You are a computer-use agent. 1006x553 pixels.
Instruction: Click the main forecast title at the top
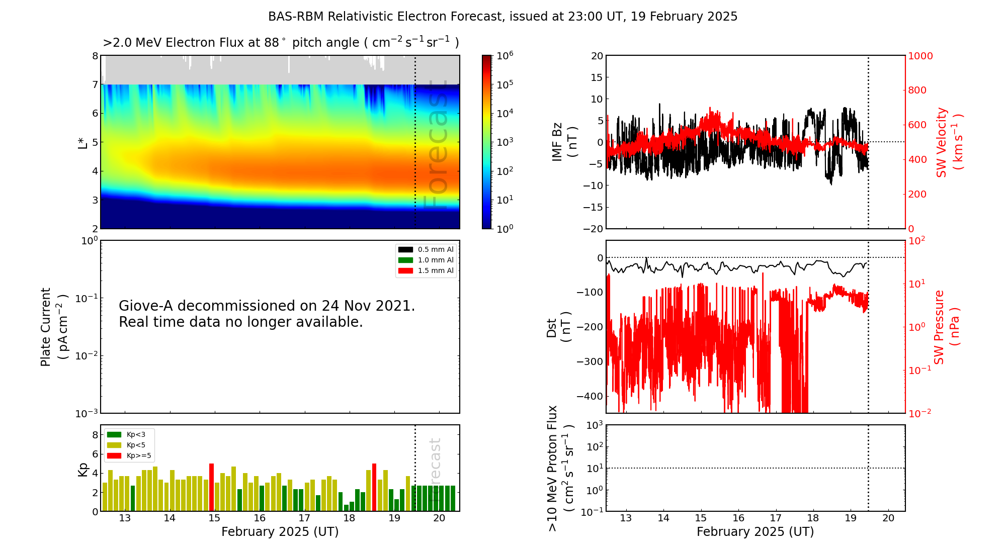coord(502,17)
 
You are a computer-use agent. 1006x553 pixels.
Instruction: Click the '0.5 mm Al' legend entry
coord(426,249)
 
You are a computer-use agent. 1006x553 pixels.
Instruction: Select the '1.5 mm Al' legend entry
coord(426,270)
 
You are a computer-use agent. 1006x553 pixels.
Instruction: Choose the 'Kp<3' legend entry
coord(126,434)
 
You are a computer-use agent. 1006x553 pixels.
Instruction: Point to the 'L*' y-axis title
coord(82,142)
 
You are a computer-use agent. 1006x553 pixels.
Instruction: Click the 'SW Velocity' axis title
coord(941,142)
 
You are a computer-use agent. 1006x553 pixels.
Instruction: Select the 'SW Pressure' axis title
coord(939,327)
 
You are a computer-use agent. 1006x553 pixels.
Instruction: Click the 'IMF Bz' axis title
coord(557,142)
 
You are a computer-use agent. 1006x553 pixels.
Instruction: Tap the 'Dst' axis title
coord(552,327)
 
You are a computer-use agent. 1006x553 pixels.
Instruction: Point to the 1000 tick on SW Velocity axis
coord(920,56)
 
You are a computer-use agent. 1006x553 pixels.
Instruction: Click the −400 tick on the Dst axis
coord(590,396)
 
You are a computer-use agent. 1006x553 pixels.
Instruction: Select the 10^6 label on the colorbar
coord(505,55)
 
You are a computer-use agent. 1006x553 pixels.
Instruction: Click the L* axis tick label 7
coord(95,84)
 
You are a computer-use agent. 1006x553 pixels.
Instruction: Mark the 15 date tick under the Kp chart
coord(214,518)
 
